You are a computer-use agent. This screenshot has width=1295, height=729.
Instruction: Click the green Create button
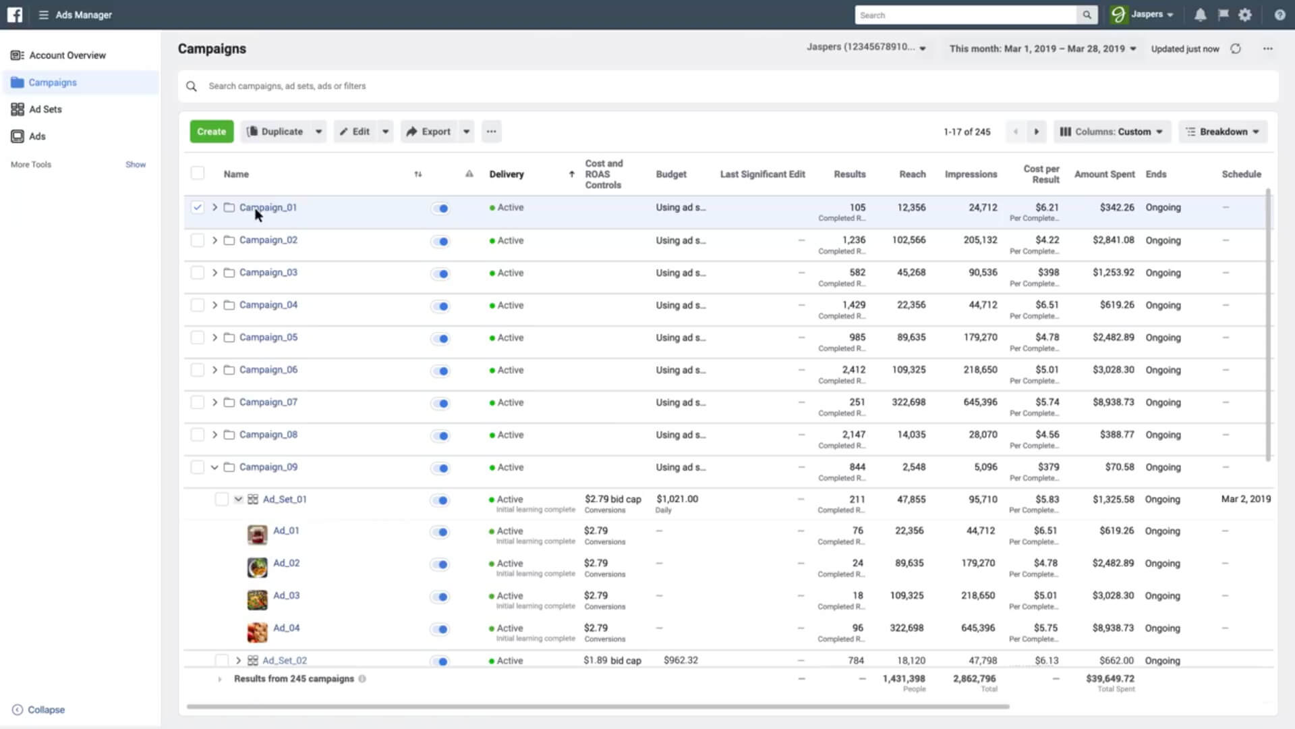pyautogui.click(x=212, y=132)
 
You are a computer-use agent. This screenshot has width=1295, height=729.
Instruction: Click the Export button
pyautogui.click(x=429, y=132)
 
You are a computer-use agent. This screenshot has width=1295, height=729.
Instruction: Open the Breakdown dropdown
pyautogui.click(x=1223, y=132)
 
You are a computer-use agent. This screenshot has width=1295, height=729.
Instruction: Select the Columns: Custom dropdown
pyautogui.click(x=1112, y=132)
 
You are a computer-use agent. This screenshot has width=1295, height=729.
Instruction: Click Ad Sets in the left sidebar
pyautogui.click(x=45, y=109)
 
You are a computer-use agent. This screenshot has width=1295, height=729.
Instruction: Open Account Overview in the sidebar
pyautogui.click(x=67, y=55)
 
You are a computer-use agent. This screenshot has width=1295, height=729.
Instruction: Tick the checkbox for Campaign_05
pyautogui.click(x=197, y=337)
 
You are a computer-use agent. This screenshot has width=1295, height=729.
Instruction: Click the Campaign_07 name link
pyautogui.click(x=268, y=402)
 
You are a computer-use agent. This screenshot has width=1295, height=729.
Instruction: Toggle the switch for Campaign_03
pyautogui.click(x=440, y=273)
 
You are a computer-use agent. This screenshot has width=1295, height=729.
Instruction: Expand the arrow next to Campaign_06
pyautogui.click(x=214, y=370)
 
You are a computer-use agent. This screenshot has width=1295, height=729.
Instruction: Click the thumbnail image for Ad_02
pyautogui.click(x=257, y=567)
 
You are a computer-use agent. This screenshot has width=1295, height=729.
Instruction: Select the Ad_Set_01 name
pyautogui.click(x=284, y=500)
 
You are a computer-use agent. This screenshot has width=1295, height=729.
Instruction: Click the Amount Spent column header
pyautogui.click(x=1104, y=174)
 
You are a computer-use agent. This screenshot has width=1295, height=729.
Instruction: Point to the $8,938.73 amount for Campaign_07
pyautogui.click(x=1113, y=402)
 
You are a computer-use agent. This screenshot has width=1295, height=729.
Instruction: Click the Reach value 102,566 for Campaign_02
pyautogui.click(x=909, y=240)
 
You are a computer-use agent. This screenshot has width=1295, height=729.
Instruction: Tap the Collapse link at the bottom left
pyautogui.click(x=45, y=709)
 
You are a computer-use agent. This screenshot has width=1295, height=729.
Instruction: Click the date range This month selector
pyautogui.click(x=1042, y=49)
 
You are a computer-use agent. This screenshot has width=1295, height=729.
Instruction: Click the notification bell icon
pyautogui.click(x=1200, y=15)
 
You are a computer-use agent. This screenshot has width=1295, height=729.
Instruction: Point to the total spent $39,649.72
pyautogui.click(x=1110, y=678)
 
